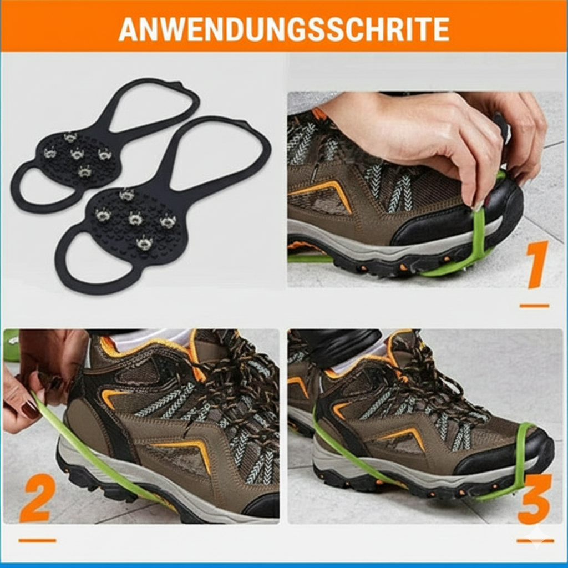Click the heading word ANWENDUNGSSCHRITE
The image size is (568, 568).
pyautogui.click(x=283, y=29)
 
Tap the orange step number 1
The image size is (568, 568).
pyautogui.click(x=536, y=265)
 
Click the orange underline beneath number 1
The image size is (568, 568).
pyautogui.click(x=534, y=306)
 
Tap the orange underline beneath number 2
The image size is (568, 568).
pyautogui.click(x=37, y=540)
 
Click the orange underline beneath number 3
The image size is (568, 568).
pyautogui.click(x=535, y=540)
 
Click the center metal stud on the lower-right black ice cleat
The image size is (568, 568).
pyautogui.click(x=135, y=219)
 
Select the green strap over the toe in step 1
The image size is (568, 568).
pyautogui.click(x=478, y=233)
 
